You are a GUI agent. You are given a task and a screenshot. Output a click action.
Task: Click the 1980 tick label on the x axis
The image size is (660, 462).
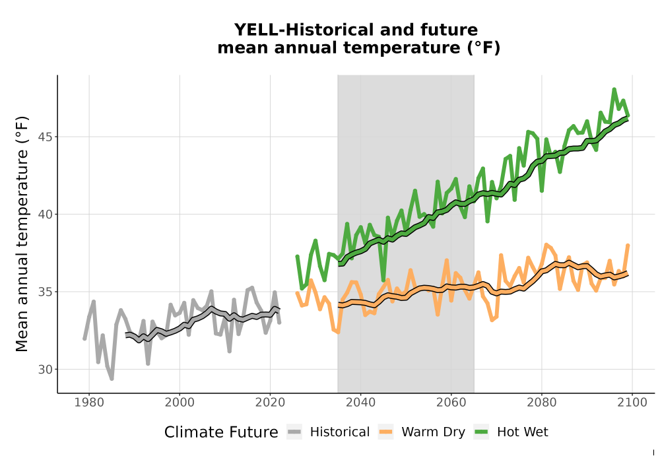(x=89, y=403)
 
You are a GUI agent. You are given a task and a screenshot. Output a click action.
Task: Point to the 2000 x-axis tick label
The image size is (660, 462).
(x=180, y=403)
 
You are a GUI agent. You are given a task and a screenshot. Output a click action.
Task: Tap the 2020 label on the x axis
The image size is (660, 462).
(x=270, y=403)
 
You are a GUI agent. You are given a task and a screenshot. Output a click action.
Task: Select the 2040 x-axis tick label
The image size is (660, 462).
(x=360, y=403)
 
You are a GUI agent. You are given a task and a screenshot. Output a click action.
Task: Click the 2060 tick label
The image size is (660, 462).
(x=451, y=403)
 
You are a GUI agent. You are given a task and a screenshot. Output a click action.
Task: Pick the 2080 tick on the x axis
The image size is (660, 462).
(x=541, y=403)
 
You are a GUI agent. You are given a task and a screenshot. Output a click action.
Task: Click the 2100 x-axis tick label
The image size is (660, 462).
(x=632, y=403)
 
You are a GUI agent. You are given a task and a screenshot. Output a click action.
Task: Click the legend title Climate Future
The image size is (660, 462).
(x=221, y=432)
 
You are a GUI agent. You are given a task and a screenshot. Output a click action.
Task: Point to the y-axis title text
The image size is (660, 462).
(x=22, y=234)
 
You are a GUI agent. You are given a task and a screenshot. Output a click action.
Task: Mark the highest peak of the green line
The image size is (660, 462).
(x=614, y=89)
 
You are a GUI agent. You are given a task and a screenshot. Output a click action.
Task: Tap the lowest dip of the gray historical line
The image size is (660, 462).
(x=112, y=379)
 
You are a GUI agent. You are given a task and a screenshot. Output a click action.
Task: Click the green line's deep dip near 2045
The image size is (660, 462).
(x=383, y=280)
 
